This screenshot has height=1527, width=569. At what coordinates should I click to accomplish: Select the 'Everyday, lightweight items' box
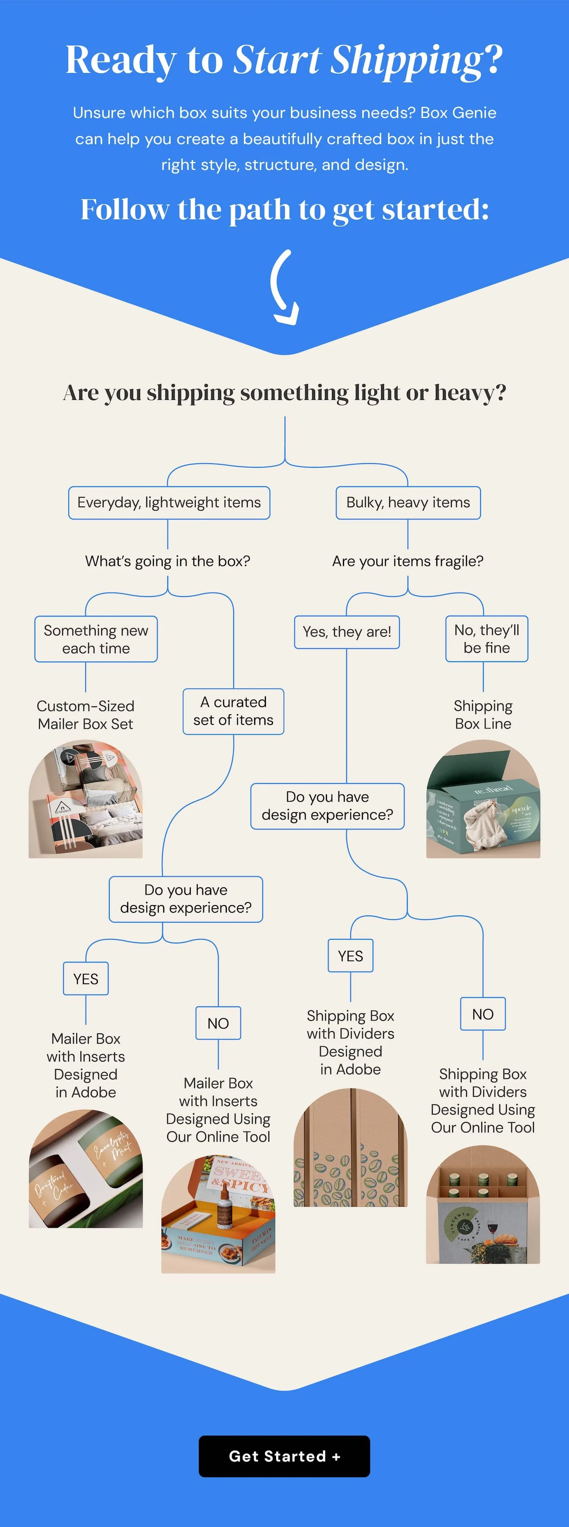point(169,503)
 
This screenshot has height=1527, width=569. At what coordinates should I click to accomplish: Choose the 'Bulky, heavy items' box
point(408,503)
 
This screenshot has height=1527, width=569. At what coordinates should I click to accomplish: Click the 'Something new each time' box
point(96,639)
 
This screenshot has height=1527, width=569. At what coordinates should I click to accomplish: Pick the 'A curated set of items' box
point(234,711)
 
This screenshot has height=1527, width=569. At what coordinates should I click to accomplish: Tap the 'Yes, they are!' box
point(347,632)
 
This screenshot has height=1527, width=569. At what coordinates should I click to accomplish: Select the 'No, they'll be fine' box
point(487,639)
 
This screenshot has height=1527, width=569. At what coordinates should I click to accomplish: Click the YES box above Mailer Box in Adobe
point(86,979)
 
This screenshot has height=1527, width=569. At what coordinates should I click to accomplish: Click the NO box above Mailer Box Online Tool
point(218,1023)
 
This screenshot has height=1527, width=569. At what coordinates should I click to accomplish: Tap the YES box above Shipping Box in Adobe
point(350,956)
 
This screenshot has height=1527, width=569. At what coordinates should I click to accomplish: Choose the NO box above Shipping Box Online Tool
point(483,1014)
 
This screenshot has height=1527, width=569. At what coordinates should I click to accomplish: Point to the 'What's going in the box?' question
point(168,561)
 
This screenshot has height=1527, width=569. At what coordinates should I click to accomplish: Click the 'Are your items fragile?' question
point(408,561)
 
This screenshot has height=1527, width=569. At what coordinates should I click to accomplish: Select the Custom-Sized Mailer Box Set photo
point(86,800)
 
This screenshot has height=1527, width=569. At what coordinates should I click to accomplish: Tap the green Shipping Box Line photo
point(483,800)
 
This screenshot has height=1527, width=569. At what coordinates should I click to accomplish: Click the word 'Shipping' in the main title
point(407,60)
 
